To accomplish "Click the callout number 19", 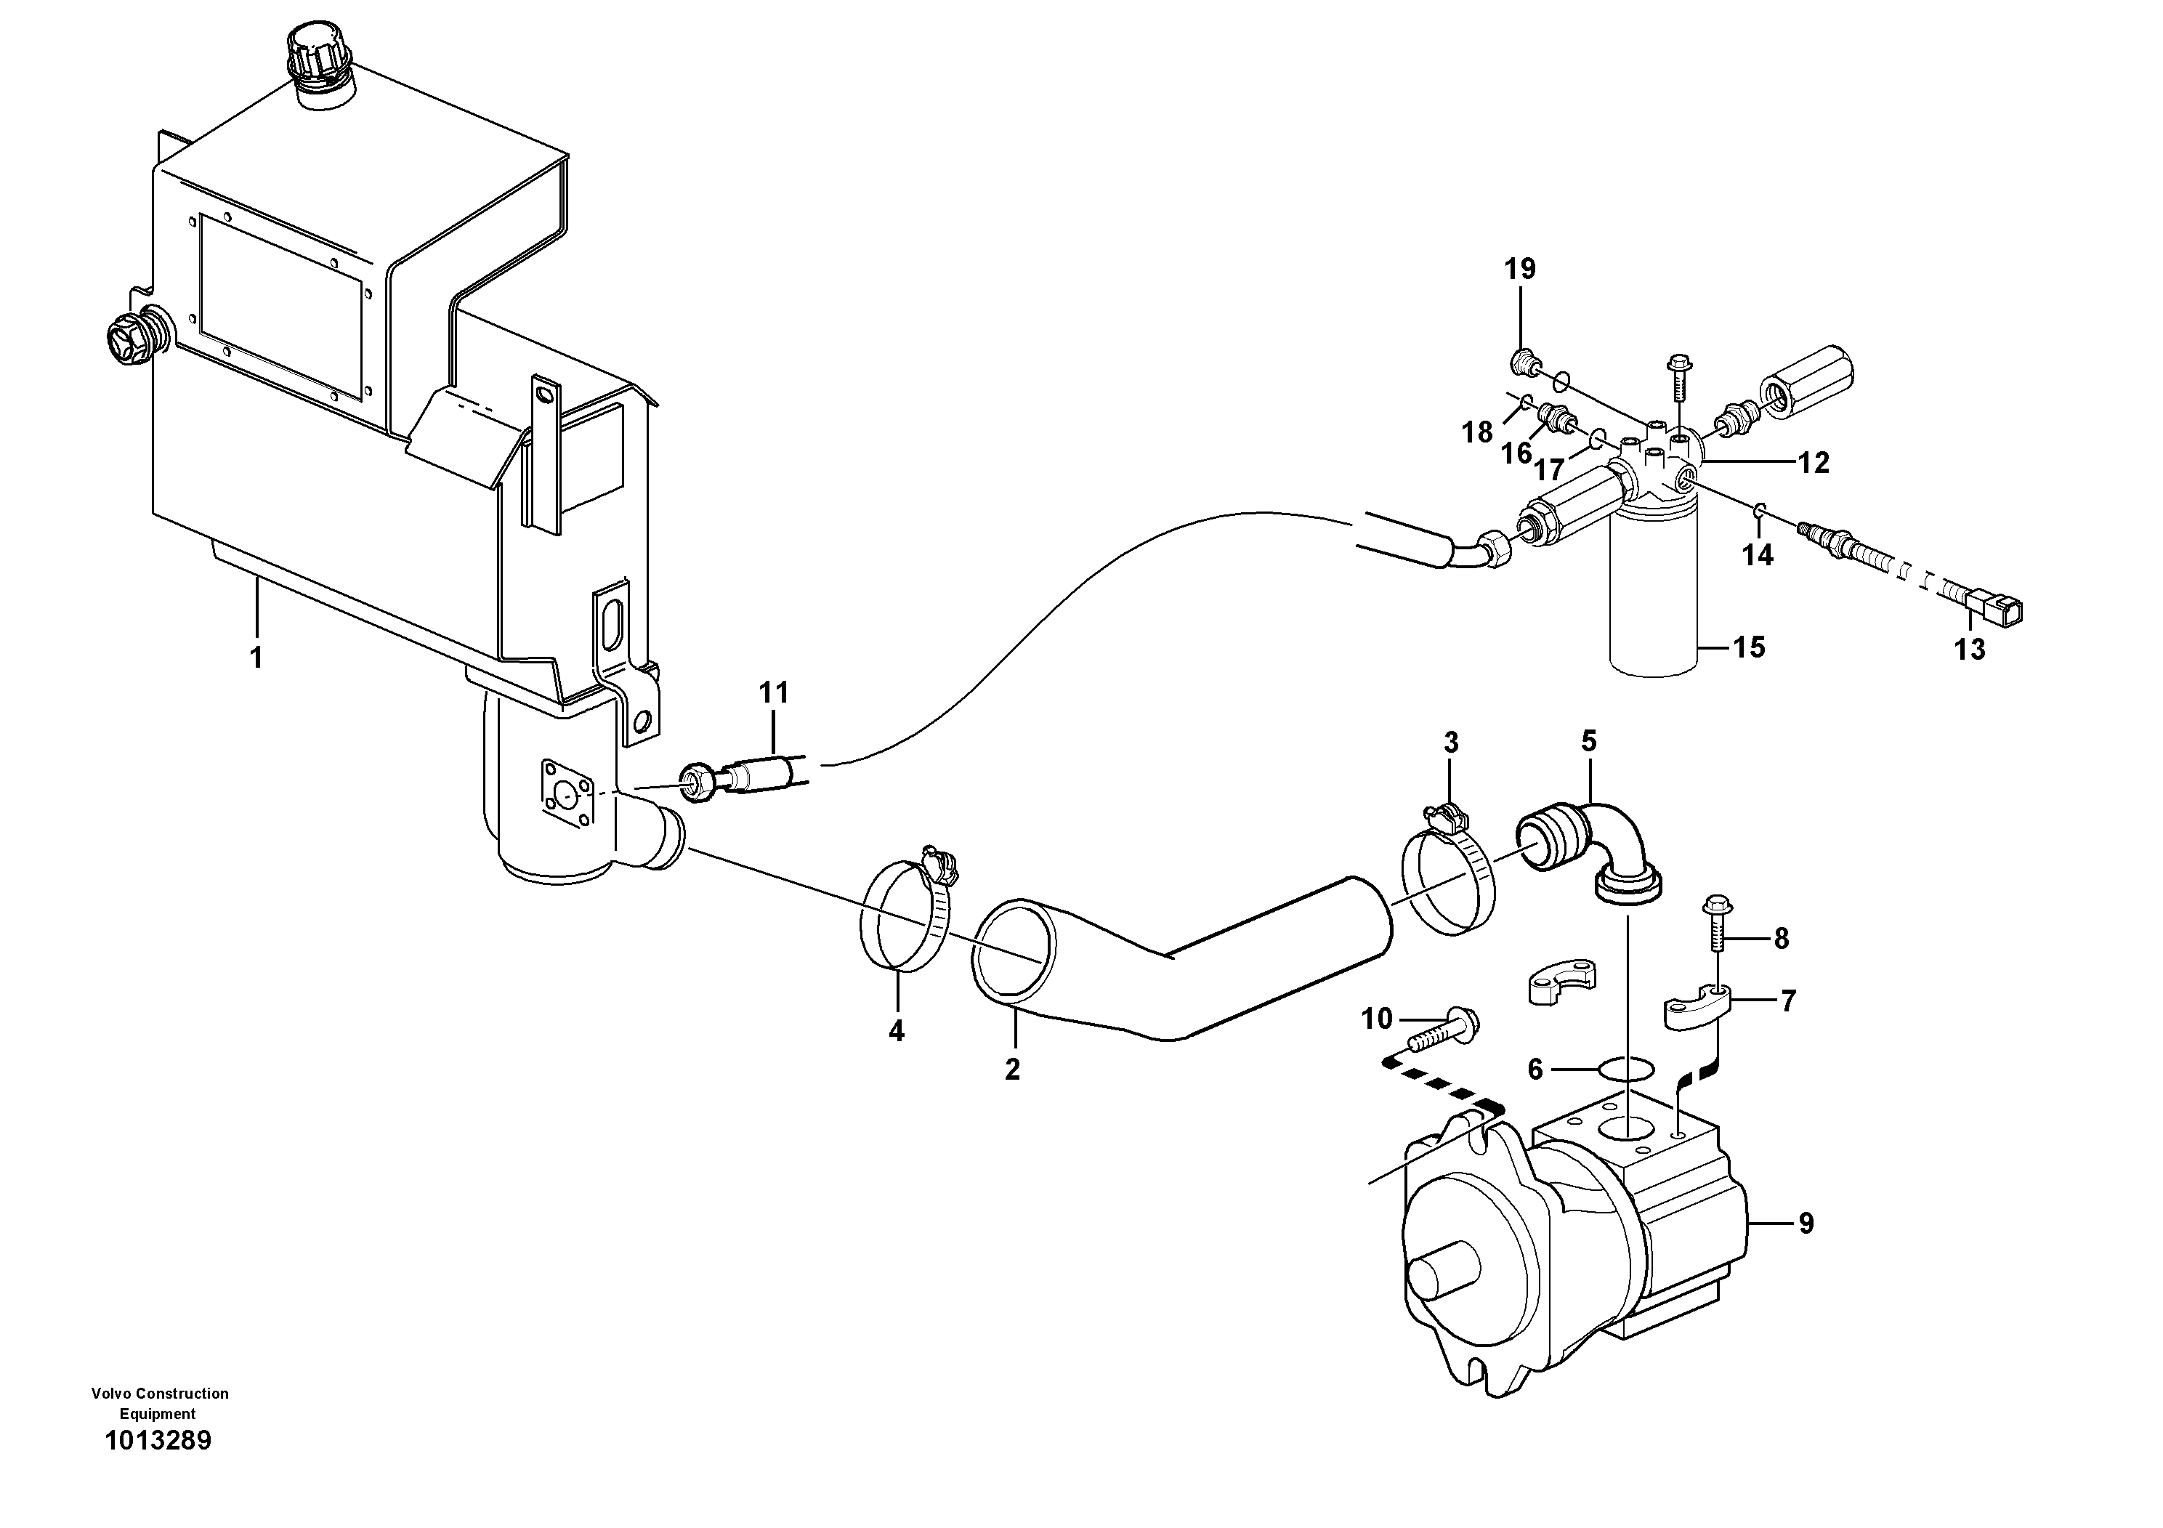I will click(1519, 270).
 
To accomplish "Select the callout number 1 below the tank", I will click(256, 657).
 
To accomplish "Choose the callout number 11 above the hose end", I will click(774, 693).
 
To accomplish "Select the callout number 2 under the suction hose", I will click(1012, 1070).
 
